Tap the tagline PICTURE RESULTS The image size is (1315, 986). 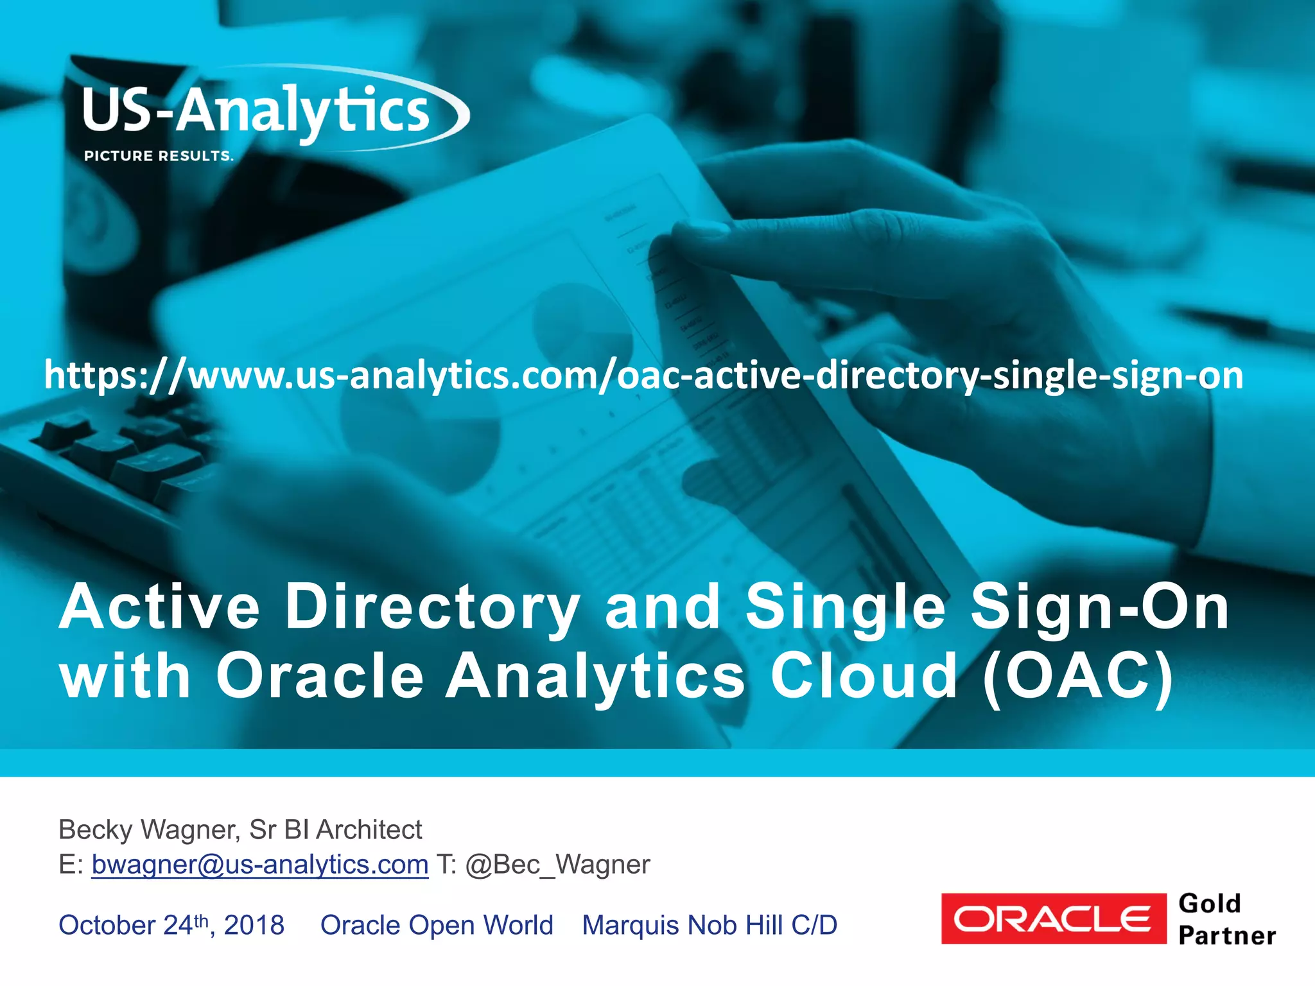pos(159,156)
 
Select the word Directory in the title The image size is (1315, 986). pos(432,607)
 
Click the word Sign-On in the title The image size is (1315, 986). pos(1099,607)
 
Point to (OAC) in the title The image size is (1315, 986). pos(1078,677)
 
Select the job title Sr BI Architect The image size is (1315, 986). pos(336,830)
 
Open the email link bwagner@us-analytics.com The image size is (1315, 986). pos(259,865)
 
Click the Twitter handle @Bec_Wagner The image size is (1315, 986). pos(557,865)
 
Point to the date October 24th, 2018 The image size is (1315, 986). pos(171,925)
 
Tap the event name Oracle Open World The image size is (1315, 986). pos(437,925)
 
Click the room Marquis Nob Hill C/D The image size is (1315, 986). pos(710,925)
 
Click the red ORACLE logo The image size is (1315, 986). pos(1053,919)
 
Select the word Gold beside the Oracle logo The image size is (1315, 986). pos(1210,904)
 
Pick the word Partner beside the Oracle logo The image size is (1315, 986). pos(1227,936)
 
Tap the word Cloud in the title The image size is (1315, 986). pos(864,677)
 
